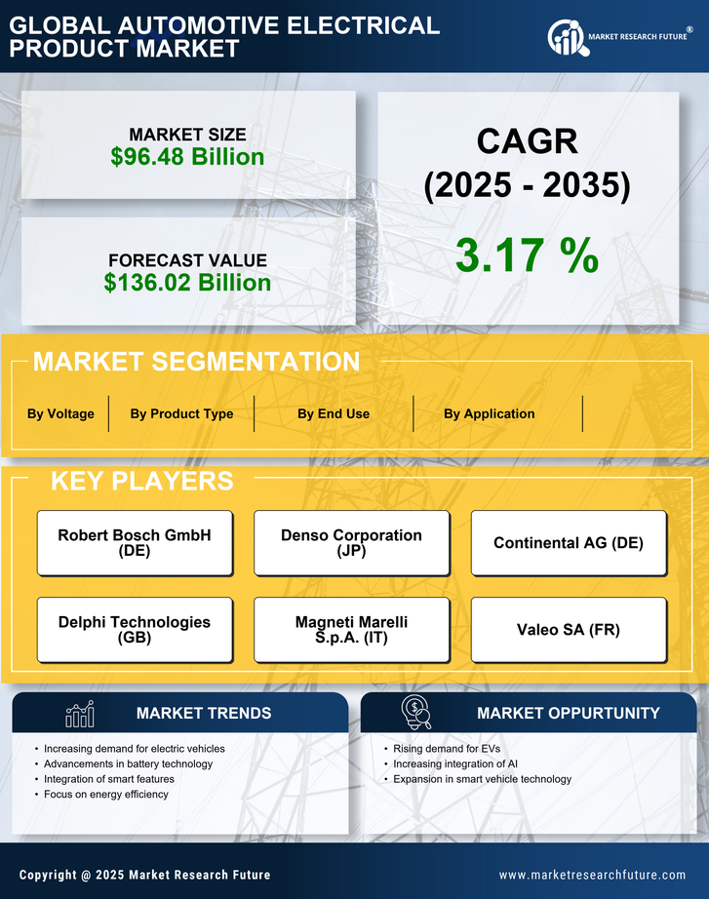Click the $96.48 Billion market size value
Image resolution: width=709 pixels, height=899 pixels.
coord(187,157)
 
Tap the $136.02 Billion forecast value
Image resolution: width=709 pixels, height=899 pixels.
coord(187,283)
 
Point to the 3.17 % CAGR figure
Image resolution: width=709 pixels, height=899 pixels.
coord(527,255)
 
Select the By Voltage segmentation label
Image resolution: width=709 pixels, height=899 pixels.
coord(60,413)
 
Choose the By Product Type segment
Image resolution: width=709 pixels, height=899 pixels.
coord(181,413)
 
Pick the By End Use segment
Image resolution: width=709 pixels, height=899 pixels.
coord(334,413)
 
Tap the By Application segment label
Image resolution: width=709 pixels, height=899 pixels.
coord(489,413)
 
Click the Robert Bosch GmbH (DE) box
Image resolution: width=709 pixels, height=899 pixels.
coord(135,543)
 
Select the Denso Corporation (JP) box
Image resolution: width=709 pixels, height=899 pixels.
coord(351,543)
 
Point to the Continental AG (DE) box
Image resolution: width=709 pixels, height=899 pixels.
coord(569,543)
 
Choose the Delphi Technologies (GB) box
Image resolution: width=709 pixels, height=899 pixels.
coord(135,630)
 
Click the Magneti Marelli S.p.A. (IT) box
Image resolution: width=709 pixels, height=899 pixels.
coord(351,630)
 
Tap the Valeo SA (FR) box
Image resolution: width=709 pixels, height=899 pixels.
coord(569,630)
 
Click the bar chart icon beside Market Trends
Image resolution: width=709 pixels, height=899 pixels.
coord(80,714)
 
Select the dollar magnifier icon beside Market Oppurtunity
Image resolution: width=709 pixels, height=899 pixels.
coord(416,712)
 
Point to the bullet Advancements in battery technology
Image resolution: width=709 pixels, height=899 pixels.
coord(128,763)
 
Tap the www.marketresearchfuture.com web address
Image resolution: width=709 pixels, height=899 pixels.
coord(592,875)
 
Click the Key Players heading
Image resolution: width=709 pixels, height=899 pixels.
coord(141,481)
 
